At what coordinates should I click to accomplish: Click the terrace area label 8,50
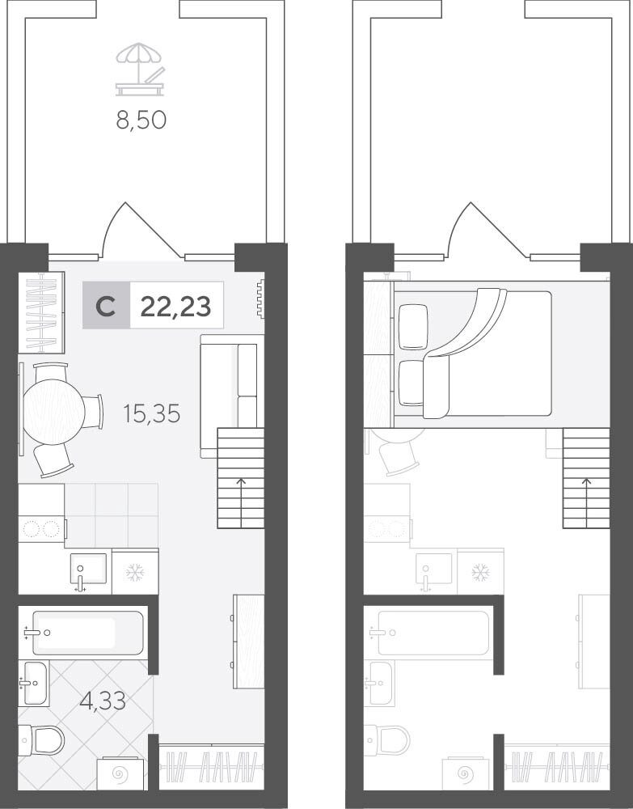click(141, 121)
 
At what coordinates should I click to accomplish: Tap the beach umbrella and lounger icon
click(140, 69)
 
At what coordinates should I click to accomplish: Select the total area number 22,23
click(175, 307)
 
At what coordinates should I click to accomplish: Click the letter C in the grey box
click(106, 307)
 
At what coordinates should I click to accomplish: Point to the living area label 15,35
click(151, 413)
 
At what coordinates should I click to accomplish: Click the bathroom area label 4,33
click(103, 701)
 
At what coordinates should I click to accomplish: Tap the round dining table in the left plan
click(53, 412)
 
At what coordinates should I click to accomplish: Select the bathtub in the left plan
click(87, 633)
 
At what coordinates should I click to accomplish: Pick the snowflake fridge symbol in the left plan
click(135, 573)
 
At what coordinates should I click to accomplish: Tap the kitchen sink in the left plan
click(88, 570)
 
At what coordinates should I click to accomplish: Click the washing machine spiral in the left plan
click(122, 774)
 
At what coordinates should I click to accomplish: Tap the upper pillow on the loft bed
click(413, 327)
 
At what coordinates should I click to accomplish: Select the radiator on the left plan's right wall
click(261, 299)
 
